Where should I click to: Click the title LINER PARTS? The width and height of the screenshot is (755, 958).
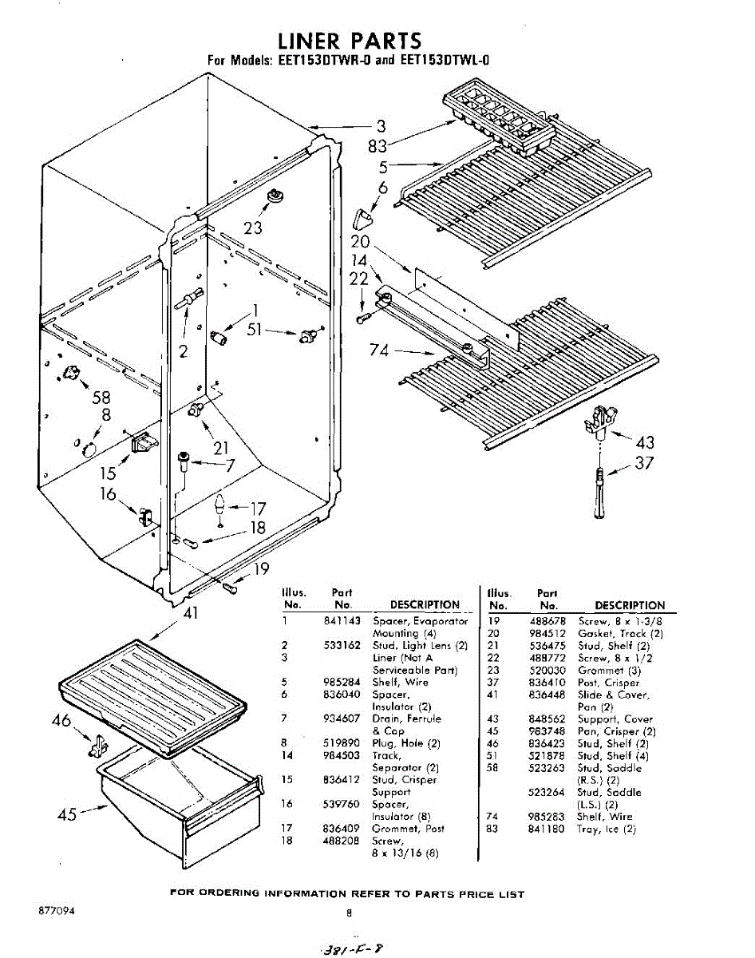(349, 41)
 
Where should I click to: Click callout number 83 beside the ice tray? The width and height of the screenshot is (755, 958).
(377, 147)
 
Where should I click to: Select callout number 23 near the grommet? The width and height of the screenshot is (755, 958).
(253, 228)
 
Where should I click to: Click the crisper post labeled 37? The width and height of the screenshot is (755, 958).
(599, 496)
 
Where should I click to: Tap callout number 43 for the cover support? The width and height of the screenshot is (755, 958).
(645, 443)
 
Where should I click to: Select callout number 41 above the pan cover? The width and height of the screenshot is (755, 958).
(191, 614)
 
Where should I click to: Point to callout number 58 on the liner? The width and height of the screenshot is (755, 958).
(101, 398)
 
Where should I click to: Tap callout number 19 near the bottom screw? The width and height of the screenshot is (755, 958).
(261, 569)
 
